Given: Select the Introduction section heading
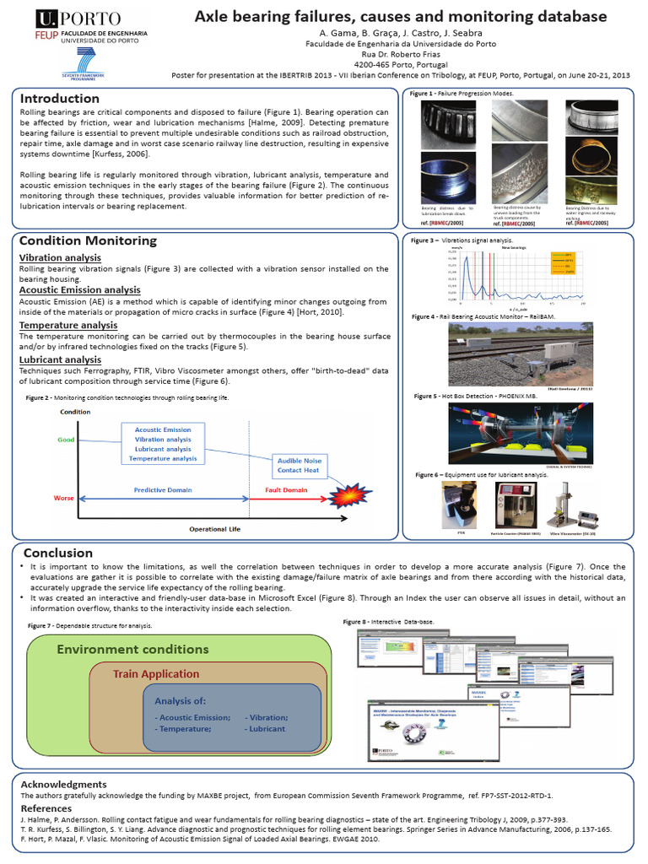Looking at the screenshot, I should [x=59, y=99].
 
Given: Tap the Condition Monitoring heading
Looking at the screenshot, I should [x=88, y=240].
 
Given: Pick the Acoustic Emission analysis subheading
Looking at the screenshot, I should [x=79, y=290].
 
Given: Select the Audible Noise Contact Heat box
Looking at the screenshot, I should [x=300, y=465].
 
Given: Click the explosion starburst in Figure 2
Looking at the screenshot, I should [x=347, y=498].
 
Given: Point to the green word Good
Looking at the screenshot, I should [x=66, y=440].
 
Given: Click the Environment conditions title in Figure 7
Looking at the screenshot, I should [x=132, y=649].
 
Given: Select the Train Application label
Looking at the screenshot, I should [x=156, y=674].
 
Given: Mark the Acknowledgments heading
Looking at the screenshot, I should [x=63, y=784].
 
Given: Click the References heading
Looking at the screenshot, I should [x=51, y=807].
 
